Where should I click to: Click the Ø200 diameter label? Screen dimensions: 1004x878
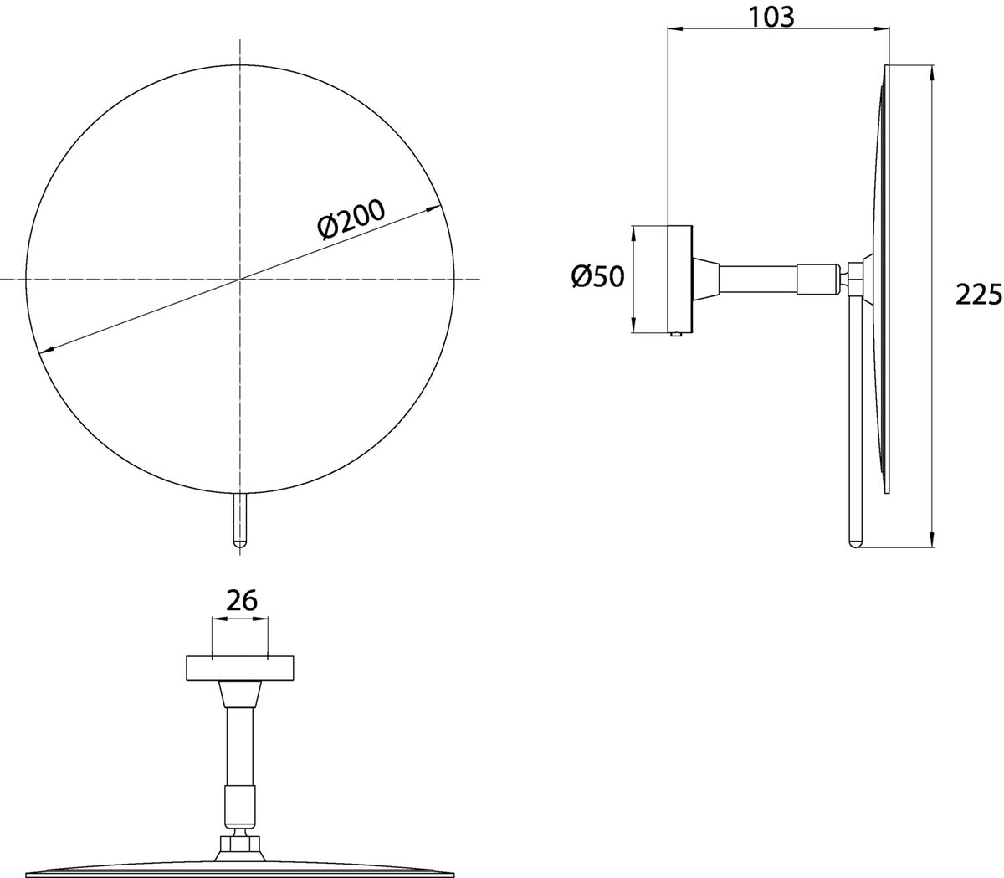pyautogui.click(x=351, y=219)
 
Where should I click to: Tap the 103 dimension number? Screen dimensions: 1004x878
pyautogui.click(x=771, y=18)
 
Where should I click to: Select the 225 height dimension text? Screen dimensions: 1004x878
pyautogui.click(x=979, y=295)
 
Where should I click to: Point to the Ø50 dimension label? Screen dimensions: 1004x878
pyautogui.click(x=597, y=276)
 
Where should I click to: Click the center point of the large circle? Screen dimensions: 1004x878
pyautogui.click(x=240, y=279)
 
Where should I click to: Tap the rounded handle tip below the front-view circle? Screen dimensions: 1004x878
pyautogui.click(x=240, y=543)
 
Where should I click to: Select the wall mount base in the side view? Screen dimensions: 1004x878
pyautogui.click(x=679, y=279)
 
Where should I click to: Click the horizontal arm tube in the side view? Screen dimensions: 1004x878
pyautogui.click(x=758, y=279)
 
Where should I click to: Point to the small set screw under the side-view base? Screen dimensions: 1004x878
pyautogui.click(x=676, y=335)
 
